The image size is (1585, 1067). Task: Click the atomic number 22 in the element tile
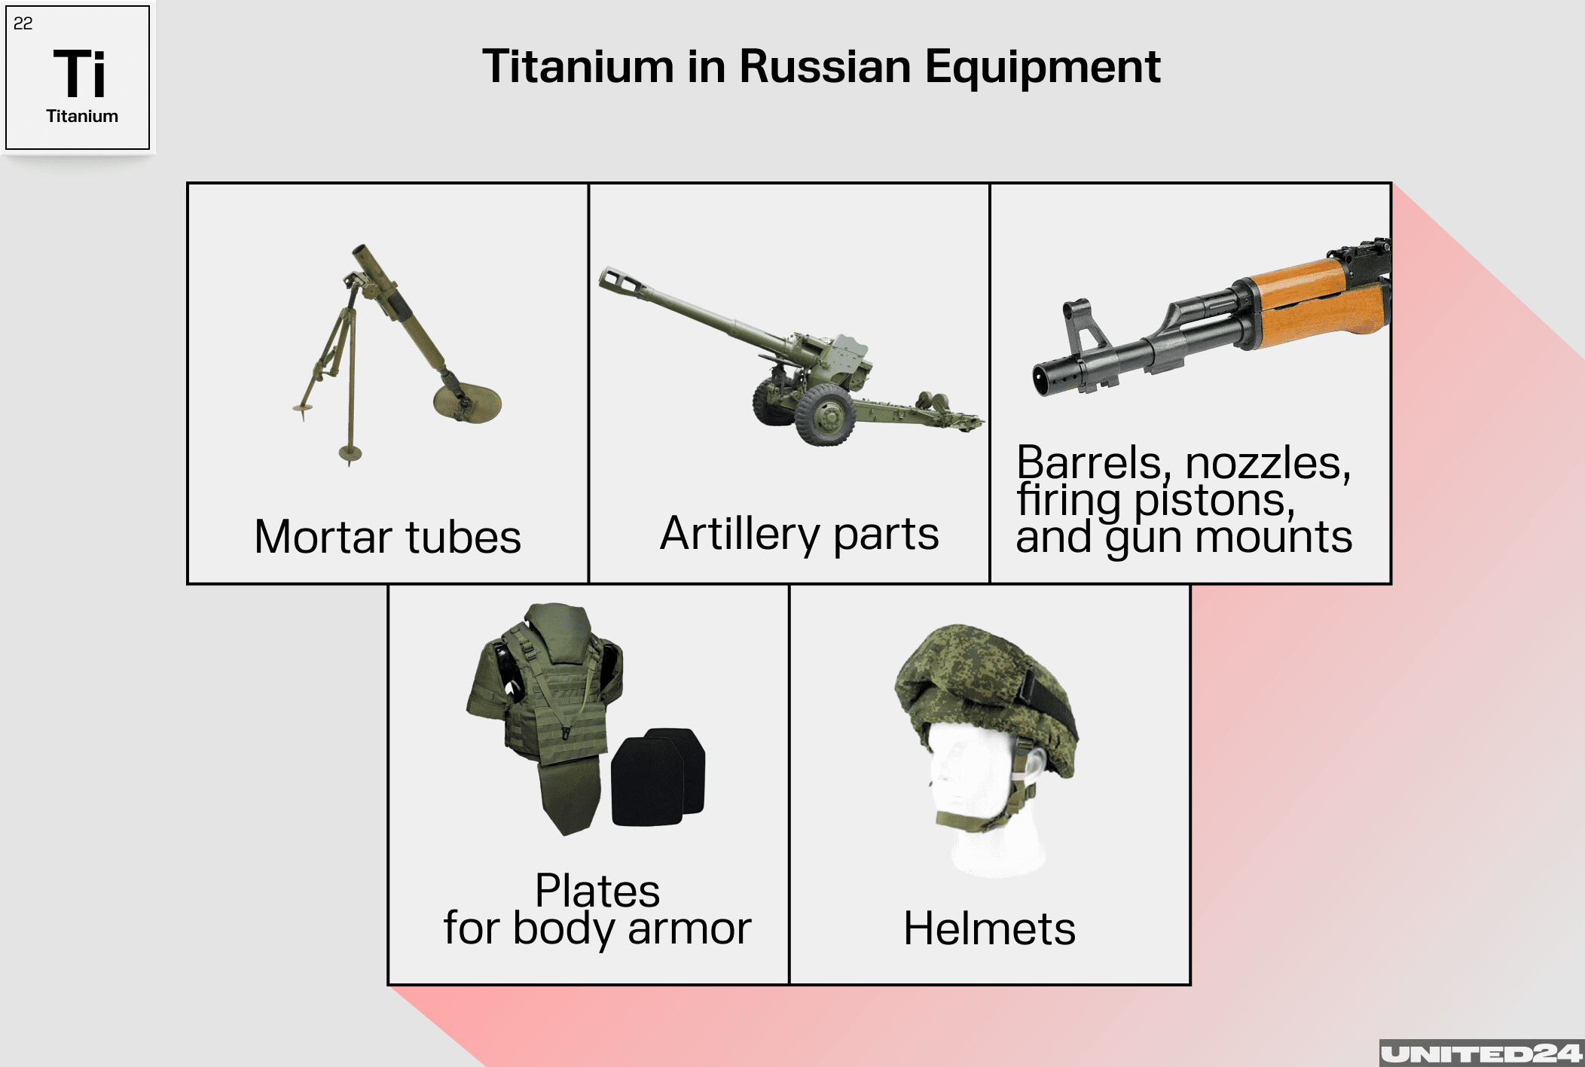[23, 23]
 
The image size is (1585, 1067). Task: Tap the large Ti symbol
[79, 74]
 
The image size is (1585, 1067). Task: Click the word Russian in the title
[826, 66]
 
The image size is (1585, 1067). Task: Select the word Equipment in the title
[1043, 68]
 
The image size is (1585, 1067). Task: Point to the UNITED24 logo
[1481, 1053]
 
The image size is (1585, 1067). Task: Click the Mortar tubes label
[387, 537]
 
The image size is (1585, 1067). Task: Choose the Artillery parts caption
[799, 534]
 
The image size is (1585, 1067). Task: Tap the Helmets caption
[989, 928]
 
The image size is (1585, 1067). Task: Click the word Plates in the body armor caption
[597, 891]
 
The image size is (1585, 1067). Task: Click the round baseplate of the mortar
[467, 402]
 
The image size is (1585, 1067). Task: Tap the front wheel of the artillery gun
[826, 415]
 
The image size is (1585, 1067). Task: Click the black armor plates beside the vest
[658, 776]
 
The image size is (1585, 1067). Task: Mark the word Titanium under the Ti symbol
[82, 116]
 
